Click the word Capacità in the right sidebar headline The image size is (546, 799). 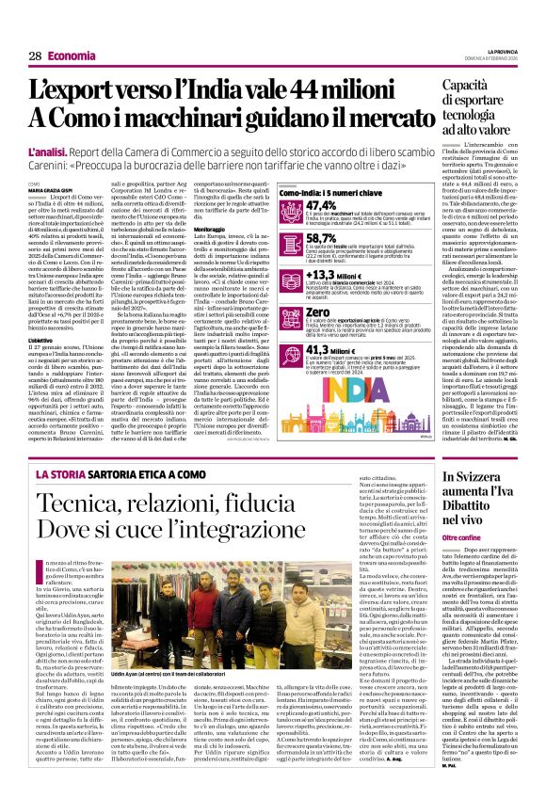476,87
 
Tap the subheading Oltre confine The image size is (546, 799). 467,535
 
